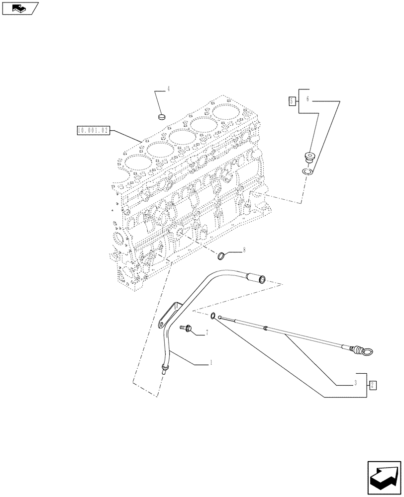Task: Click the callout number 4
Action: tap(168, 89)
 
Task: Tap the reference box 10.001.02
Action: tap(93, 131)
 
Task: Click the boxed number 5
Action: tap(292, 101)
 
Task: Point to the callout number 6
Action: tap(307, 99)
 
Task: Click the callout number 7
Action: tap(206, 332)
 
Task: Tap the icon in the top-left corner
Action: tap(19, 8)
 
